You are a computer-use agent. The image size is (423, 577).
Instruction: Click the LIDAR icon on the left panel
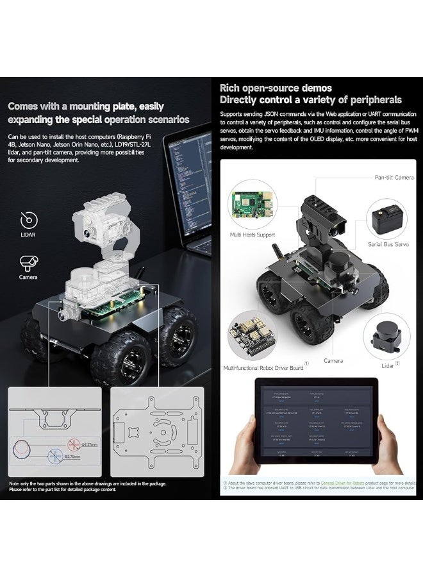point(29,221)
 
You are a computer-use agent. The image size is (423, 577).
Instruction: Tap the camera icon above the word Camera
point(29,262)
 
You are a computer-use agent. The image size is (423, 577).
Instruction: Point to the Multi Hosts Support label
point(253,235)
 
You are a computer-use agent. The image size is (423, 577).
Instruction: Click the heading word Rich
point(231,88)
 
